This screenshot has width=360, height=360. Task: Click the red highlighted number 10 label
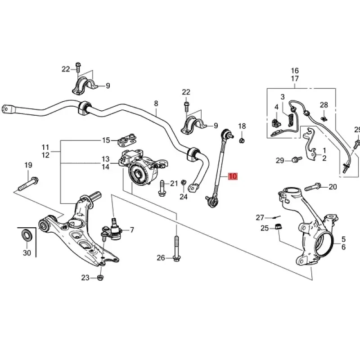pyautogui.click(x=232, y=176)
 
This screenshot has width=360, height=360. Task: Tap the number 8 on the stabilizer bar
pyautogui.click(x=156, y=103)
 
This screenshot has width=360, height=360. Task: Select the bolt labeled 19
pyautogui.click(x=27, y=184)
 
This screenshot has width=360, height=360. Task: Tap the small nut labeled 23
pyautogui.click(x=100, y=278)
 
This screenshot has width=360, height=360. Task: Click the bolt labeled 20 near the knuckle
pyautogui.click(x=314, y=186)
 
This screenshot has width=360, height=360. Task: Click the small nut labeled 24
pyautogui.click(x=184, y=182)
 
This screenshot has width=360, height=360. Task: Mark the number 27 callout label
pyautogui.click(x=260, y=217)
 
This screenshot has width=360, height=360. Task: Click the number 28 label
pyautogui.click(x=324, y=105)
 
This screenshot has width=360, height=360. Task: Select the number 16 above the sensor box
pyautogui.click(x=295, y=71)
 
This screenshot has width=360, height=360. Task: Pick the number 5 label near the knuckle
pyautogui.click(x=343, y=239)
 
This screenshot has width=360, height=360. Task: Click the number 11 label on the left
pyautogui.click(x=45, y=147)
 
